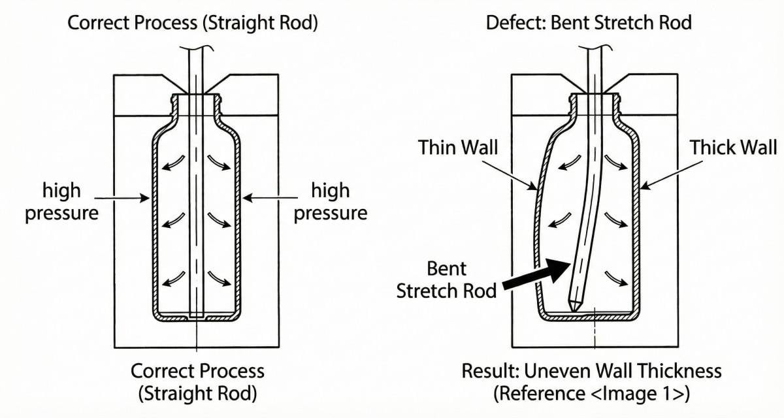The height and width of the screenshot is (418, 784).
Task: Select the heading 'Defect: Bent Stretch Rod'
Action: (x=589, y=23)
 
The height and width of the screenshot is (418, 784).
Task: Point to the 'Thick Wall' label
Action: (x=733, y=148)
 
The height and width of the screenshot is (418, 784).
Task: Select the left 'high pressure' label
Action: (x=62, y=202)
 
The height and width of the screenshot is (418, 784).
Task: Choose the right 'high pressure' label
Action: (x=330, y=202)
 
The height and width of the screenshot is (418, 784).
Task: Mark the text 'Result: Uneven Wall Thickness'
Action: (x=591, y=371)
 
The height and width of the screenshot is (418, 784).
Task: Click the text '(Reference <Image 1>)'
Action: (x=591, y=393)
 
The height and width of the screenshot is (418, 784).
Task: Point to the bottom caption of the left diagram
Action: (x=197, y=382)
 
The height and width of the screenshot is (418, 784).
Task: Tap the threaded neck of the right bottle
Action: (x=594, y=105)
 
